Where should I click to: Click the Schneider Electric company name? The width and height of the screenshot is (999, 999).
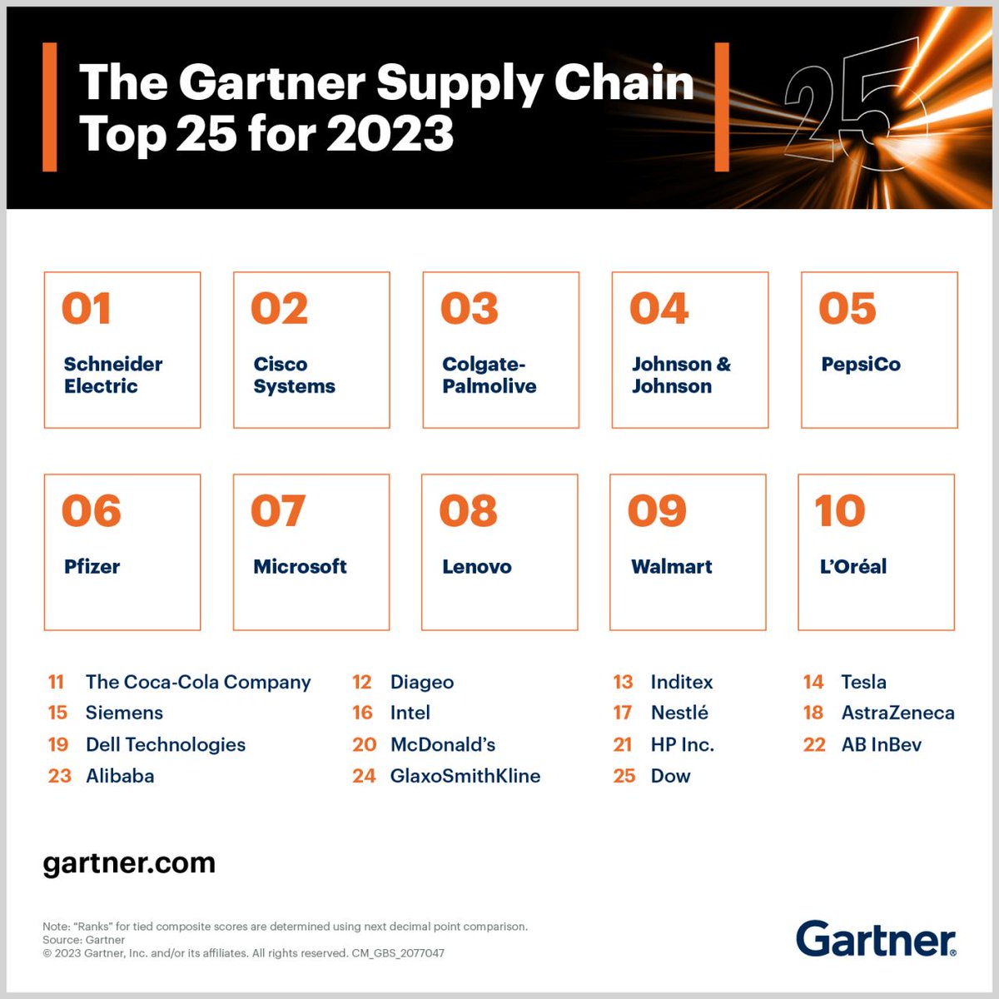pyautogui.click(x=112, y=375)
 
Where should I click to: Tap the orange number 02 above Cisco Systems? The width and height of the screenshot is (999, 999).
pyautogui.click(x=279, y=309)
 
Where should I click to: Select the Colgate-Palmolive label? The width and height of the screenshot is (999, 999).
pyautogui.click(x=489, y=375)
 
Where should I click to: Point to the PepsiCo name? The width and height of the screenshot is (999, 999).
pyautogui.click(x=860, y=365)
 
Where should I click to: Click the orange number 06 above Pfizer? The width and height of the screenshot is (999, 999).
pyautogui.click(x=91, y=511)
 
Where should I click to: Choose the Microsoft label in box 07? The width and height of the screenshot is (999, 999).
pyautogui.click(x=300, y=567)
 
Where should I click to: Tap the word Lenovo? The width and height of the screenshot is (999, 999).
pyautogui.click(x=476, y=567)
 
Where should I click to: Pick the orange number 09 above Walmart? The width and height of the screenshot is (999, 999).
pyautogui.click(x=657, y=511)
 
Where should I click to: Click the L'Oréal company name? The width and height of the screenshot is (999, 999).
pyautogui.click(x=852, y=567)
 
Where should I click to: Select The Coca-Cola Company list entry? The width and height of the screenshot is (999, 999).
pyautogui.click(x=197, y=683)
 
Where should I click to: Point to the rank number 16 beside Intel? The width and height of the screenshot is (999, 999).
pyautogui.click(x=362, y=713)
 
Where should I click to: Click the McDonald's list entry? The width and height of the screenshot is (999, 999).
pyautogui.click(x=442, y=745)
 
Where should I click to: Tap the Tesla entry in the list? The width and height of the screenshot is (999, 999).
pyautogui.click(x=863, y=683)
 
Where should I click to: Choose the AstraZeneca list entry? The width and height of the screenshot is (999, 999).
pyautogui.click(x=897, y=713)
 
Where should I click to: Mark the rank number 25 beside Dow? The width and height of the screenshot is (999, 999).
pyautogui.click(x=624, y=777)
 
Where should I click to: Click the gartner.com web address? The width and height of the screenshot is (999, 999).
pyautogui.click(x=129, y=863)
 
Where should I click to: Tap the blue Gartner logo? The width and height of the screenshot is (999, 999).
pyautogui.click(x=876, y=939)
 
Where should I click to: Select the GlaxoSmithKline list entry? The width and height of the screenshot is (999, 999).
pyautogui.click(x=465, y=777)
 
